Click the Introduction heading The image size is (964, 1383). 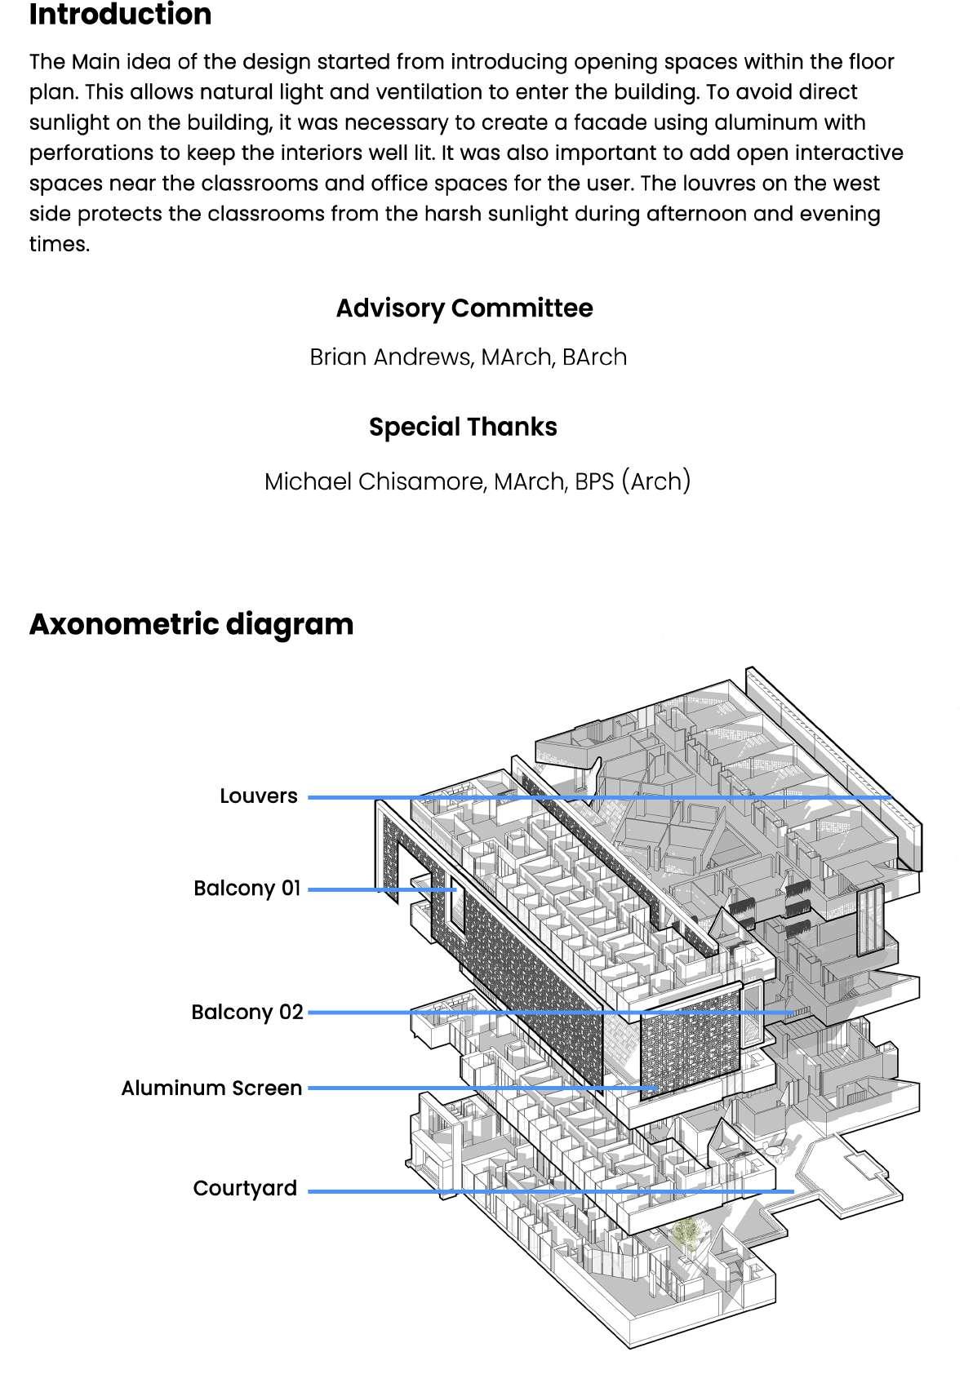point(120,15)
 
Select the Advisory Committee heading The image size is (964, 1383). point(464,308)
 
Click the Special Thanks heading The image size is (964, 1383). point(463,427)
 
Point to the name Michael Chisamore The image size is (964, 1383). point(373,481)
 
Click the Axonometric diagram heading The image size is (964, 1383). point(191,624)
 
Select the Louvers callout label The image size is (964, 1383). point(258,796)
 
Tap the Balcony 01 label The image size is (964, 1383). point(247,889)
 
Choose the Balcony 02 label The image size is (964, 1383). point(247,1013)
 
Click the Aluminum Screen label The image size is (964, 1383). point(211,1088)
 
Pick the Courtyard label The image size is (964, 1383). point(245,1189)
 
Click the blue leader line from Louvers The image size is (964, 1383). point(571,797)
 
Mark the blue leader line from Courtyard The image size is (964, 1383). point(531,1191)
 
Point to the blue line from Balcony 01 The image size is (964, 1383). point(375,889)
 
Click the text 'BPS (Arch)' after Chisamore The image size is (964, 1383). point(633,481)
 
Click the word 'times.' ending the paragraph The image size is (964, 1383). point(60,244)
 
